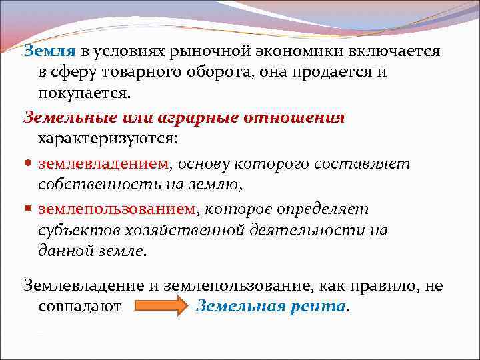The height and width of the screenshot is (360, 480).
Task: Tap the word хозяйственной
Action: point(173,231)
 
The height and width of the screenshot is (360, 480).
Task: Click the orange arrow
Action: point(162,307)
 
